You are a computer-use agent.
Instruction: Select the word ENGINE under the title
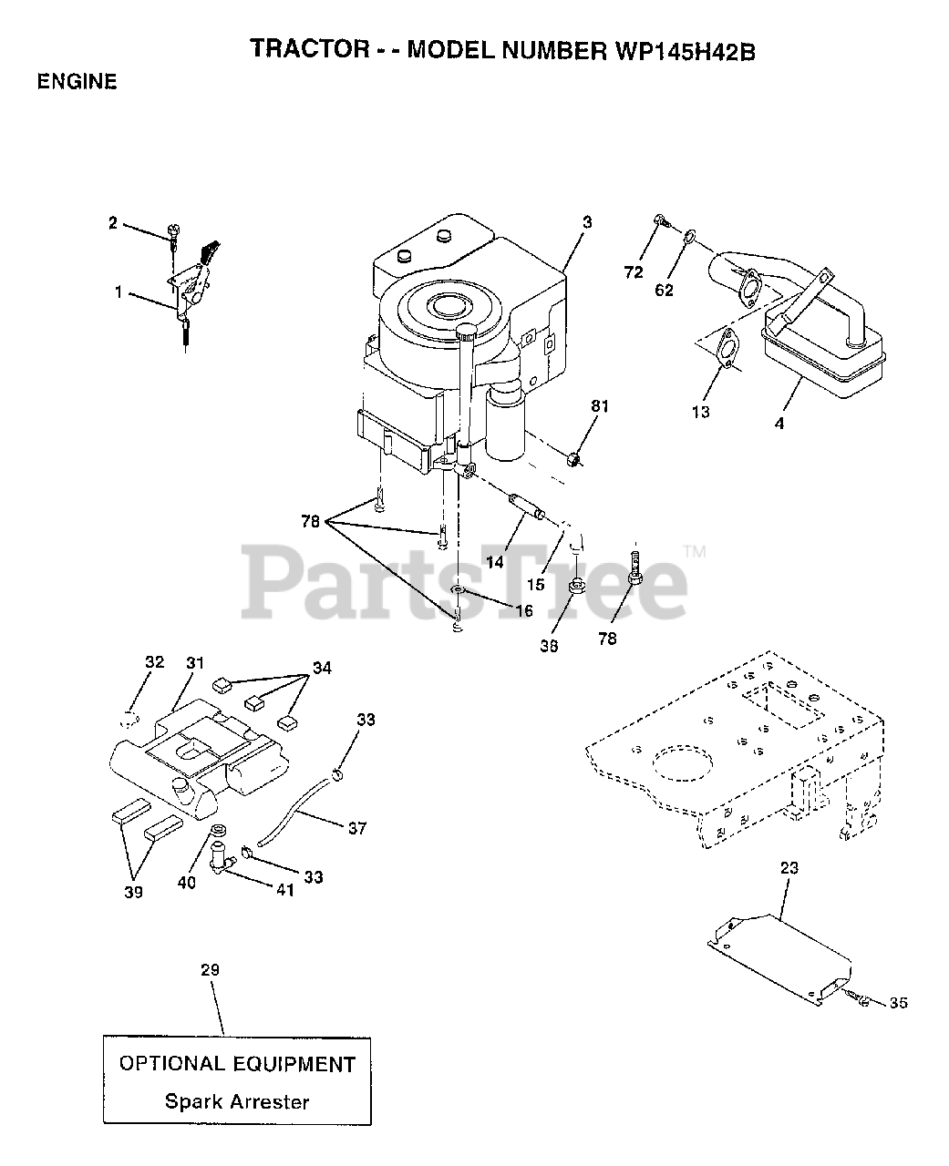tap(77, 82)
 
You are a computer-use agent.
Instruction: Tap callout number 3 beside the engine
tap(587, 221)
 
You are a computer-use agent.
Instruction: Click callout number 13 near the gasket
tap(700, 412)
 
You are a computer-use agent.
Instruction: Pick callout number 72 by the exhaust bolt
tap(634, 272)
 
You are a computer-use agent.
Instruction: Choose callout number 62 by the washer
tap(664, 291)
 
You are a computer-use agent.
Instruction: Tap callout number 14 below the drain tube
tap(494, 562)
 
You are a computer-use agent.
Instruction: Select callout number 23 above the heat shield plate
tap(789, 868)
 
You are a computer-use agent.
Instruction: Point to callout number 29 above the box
tap(210, 970)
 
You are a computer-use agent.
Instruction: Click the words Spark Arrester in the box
tap(236, 1101)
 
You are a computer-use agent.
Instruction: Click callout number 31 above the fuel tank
tap(194, 663)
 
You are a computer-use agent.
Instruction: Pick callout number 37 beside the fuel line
tap(357, 828)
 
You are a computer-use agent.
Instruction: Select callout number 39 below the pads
tap(133, 893)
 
